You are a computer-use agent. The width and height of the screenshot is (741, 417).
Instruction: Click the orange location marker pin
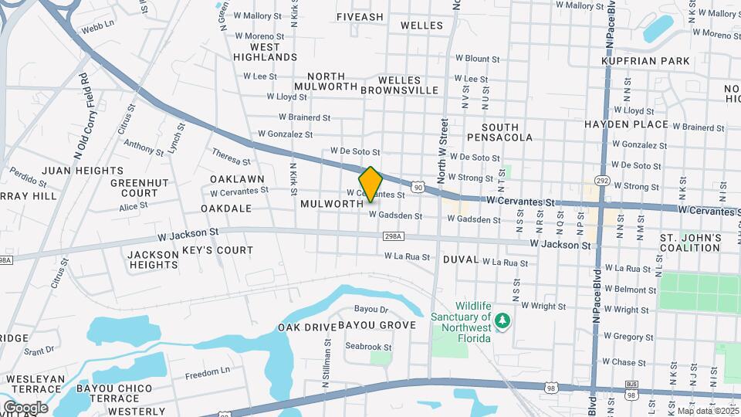click(370, 184)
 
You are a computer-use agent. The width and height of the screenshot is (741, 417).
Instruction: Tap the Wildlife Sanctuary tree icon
click(502, 320)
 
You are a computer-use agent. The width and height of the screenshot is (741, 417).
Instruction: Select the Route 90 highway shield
click(417, 187)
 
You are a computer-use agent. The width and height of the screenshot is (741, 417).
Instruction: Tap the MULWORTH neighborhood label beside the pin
click(332, 204)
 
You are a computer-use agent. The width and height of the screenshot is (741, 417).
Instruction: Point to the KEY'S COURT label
click(218, 250)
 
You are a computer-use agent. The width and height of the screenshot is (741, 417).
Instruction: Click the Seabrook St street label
click(368, 347)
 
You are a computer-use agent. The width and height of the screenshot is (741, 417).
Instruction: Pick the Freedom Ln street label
click(208, 373)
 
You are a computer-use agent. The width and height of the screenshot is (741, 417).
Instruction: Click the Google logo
click(25, 407)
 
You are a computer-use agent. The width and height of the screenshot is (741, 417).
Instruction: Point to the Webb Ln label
click(97, 25)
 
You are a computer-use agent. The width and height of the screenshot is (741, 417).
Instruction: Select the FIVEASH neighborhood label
click(360, 16)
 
